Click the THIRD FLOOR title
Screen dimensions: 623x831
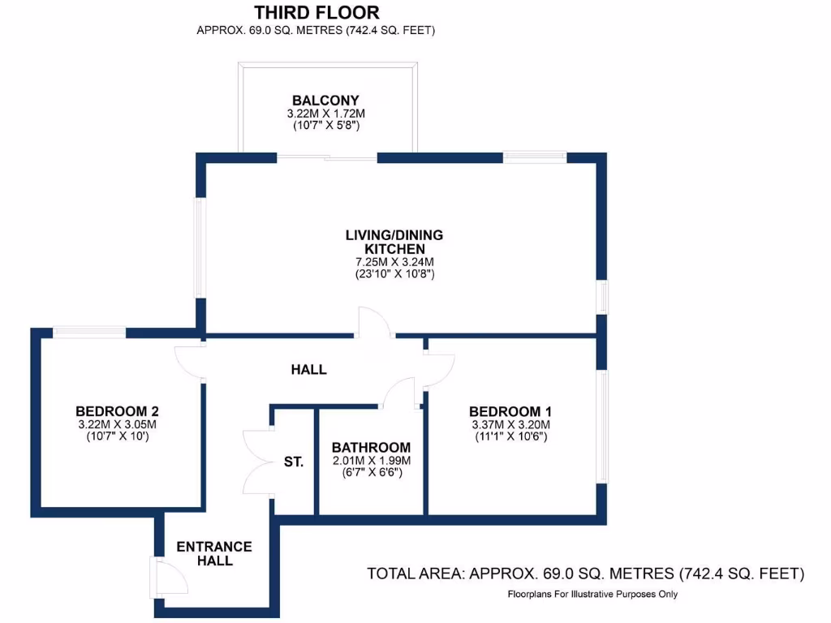coord(316,12)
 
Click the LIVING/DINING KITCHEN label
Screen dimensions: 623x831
coord(394,242)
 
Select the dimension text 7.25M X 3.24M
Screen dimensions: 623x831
coord(394,262)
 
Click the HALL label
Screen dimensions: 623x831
coord(309,370)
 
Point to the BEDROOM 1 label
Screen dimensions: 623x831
coord(510,410)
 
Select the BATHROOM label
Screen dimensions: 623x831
coord(371,448)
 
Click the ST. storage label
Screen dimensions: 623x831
coord(294,462)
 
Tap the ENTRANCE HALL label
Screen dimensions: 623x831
coord(214,553)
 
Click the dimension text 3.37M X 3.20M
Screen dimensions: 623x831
coord(510,424)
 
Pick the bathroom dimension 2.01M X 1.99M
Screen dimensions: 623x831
coord(371,461)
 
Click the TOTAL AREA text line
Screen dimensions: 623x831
coord(585,574)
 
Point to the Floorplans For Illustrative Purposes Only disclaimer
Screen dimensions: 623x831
coord(592,595)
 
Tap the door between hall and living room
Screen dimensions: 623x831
coord(375,322)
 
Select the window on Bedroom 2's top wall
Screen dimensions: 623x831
coord(89,331)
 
